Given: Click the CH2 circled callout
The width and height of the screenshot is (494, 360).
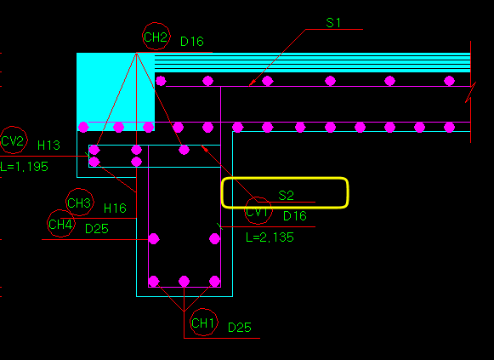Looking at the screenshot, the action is point(156,37).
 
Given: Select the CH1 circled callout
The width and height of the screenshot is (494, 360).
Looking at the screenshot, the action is point(204,323).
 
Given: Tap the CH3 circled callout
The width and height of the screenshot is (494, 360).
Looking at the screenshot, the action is point(80,203).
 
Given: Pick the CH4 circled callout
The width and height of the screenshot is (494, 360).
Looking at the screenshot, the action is point(61,224).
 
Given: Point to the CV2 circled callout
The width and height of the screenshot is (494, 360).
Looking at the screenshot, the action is point(14,140).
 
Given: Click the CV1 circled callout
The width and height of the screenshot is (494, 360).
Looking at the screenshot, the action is point(258,210).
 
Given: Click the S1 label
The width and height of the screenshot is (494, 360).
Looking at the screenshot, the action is point(333,23).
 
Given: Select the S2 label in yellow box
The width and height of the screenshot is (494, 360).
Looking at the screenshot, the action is point(286,196).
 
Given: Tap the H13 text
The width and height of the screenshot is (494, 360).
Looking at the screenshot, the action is point(48,146).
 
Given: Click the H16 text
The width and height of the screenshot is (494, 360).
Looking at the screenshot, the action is point(115,208).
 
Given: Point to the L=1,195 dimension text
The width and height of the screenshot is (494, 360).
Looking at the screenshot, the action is point(24,167).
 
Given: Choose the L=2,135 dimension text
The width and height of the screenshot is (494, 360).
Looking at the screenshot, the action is point(270,237).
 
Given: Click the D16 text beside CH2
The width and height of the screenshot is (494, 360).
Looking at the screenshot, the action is point(192,42).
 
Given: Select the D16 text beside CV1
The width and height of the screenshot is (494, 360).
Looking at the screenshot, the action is point(295,216).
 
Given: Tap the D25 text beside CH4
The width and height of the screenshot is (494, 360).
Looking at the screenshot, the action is point(97,229).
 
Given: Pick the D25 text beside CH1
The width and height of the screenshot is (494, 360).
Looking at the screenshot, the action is point(240,328).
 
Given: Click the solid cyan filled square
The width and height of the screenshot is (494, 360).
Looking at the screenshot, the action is point(116,91).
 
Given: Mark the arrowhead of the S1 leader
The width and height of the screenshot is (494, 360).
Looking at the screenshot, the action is point(252,83).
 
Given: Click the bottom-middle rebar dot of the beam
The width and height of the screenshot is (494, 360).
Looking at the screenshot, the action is point(184,281).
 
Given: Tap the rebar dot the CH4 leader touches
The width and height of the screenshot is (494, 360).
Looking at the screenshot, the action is point(154,239).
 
